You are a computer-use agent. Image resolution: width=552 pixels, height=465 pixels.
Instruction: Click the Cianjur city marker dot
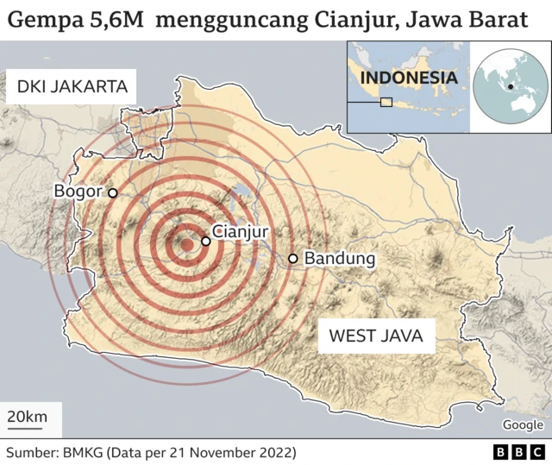(206, 242)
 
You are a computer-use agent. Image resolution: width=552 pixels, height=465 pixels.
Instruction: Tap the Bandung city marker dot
(293, 259)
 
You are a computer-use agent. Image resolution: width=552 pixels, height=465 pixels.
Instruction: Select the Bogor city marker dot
(112, 192)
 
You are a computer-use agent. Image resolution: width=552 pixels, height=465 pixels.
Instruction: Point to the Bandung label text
(340, 259)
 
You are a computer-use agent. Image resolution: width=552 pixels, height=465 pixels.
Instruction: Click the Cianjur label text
(241, 231)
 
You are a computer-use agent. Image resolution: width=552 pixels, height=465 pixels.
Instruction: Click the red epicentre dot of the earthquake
(186, 245)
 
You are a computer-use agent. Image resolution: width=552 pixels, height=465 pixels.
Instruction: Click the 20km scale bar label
(28, 418)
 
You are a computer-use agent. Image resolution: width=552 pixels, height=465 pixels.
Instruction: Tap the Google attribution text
(523, 424)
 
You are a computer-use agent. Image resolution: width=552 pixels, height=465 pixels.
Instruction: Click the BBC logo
(520, 452)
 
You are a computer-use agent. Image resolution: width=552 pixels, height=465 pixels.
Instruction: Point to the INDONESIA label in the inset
(408, 78)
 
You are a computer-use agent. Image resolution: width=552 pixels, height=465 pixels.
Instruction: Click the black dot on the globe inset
(511, 86)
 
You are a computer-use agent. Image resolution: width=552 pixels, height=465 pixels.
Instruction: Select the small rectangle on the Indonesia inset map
(386, 103)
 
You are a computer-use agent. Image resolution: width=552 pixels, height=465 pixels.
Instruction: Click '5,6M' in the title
(116, 19)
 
